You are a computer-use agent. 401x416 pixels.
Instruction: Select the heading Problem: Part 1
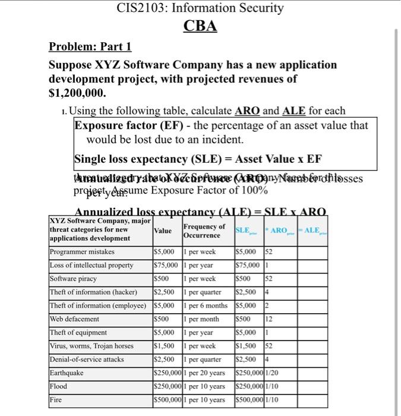(90, 47)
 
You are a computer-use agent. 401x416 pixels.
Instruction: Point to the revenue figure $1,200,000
(77, 93)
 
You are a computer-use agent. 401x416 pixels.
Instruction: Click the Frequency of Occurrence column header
(204, 231)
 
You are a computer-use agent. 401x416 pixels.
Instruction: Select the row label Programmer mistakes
(82, 252)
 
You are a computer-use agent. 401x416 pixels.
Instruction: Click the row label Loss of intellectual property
(91, 265)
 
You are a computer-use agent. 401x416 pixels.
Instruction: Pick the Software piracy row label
(73, 278)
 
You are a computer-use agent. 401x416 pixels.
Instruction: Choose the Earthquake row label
(67, 373)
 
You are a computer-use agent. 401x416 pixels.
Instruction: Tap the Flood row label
(59, 386)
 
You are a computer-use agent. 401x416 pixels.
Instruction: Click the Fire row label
(56, 400)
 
